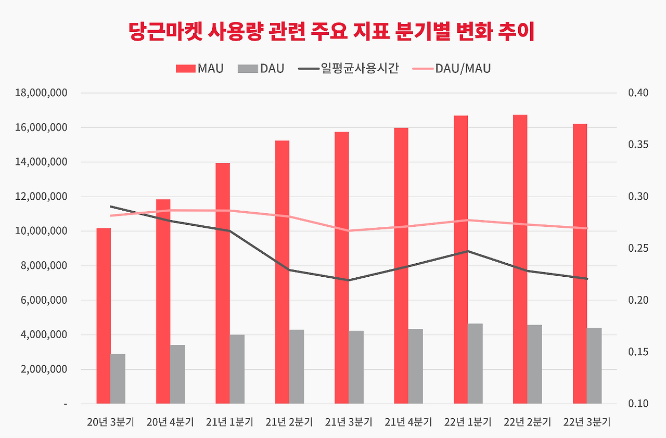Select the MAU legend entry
tap(200, 69)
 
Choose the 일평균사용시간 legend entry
tap(349, 69)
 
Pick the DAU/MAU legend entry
tap(451, 69)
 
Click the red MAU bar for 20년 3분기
tap(104, 316)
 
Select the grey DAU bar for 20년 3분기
tap(118, 379)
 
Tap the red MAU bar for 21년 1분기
tap(223, 284)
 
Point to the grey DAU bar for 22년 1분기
tap(475, 364)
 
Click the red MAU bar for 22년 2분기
tap(520, 259)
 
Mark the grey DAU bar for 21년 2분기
tap(297, 367)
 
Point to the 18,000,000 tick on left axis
tap(42, 93)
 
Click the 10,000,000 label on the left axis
tap(42, 231)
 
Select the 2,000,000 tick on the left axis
tap(44, 369)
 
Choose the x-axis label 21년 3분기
tap(349, 422)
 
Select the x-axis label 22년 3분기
tap(587, 422)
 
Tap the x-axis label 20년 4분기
tap(170, 422)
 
